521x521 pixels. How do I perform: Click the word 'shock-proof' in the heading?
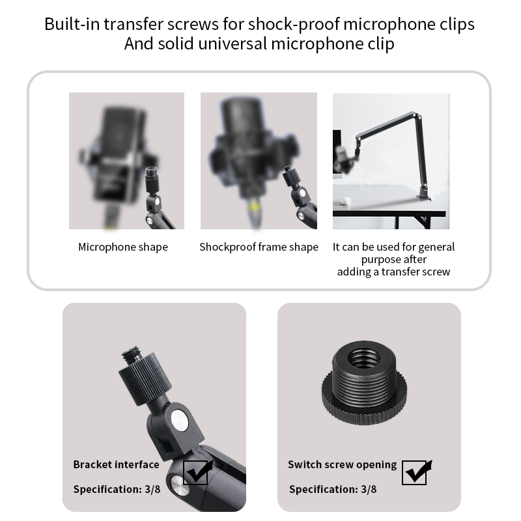click(294, 24)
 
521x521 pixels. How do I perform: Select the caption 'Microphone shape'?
click(123, 247)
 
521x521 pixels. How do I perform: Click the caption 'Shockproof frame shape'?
click(259, 247)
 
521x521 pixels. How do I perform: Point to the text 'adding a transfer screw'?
click(394, 272)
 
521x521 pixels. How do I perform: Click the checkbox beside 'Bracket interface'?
click(196, 472)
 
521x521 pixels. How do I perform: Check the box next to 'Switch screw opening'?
click(414, 472)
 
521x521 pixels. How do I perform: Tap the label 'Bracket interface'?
click(116, 464)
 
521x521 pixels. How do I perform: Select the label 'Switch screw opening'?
click(343, 464)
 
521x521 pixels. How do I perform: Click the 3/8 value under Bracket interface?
click(152, 489)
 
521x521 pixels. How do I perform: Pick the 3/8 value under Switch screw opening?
click(369, 489)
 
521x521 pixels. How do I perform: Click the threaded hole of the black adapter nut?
click(364, 357)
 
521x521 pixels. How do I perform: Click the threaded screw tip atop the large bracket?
click(132, 354)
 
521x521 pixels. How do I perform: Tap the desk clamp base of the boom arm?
click(425, 194)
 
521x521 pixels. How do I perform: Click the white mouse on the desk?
click(346, 201)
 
